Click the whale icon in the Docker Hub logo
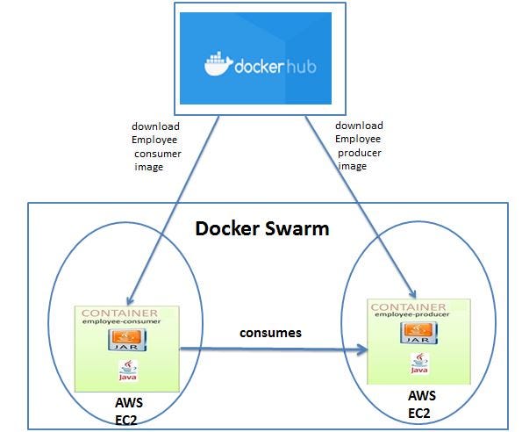point(218,64)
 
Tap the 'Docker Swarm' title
point(261,229)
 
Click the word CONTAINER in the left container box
point(119,313)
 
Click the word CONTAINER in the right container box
point(409,307)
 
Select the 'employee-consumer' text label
point(119,322)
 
